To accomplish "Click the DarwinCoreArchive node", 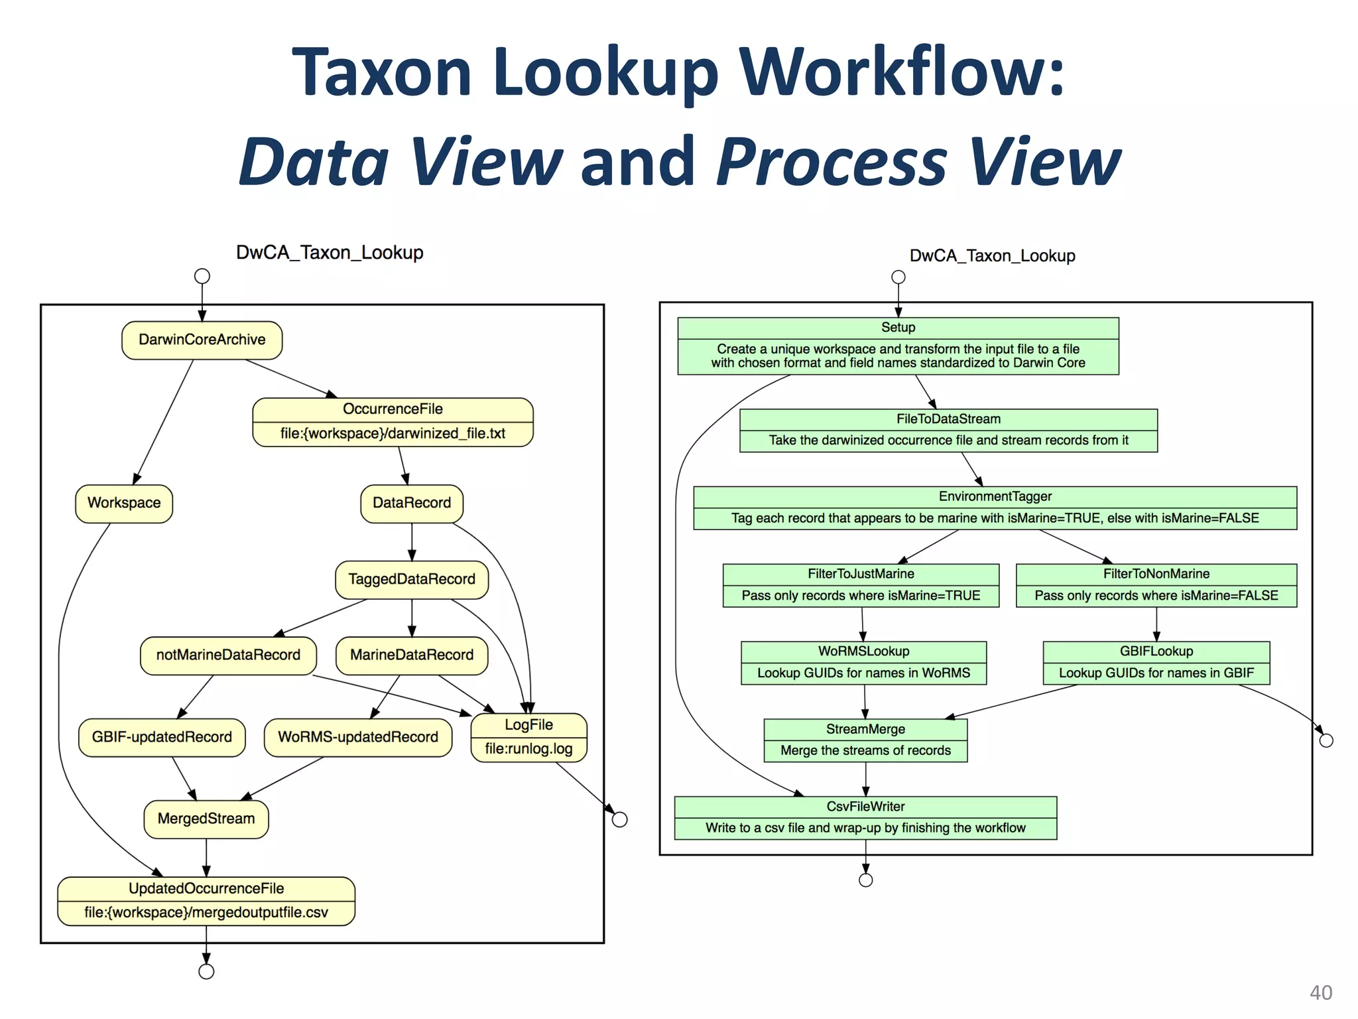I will pyautogui.click(x=202, y=340).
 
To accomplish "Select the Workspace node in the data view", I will pyautogui.click(x=124, y=504).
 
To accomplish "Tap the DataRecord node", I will pyautogui.click(x=411, y=504).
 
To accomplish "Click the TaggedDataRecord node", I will pyautogui.click(x=411, y=580).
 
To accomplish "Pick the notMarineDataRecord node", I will pyautogui.click(x=228, y=655).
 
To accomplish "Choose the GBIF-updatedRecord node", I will pyautogui.click(x=162, y=738).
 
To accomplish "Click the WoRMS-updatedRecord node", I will pyautogui.click(x=357, y=738).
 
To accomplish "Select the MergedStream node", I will pyautogui.click(x=206, y=819).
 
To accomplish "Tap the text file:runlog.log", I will pyautogui.click(x=528, y=750).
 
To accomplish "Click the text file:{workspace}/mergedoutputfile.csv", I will pyautogui.click(x=206, y=913).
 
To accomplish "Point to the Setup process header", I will pyautogui.click(x=898, y=328).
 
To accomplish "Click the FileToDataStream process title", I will pyautogui.click(x=948, y=419).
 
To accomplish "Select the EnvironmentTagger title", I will pyautogui.click(x=995, y=497).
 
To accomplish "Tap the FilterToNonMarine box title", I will pyautogui.click(x=1156, y=574).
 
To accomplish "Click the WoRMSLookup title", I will pyautogui.click(x=863, y=651).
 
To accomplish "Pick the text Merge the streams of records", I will pyautogui.click(x=865, y=751).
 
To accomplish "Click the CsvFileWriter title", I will pyautogui.click(x=865, y=807).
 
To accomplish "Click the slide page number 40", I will pyautogui.click(x=1320, y=992).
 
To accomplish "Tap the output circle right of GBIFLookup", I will pyautogui.click(x=1326, y=740).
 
